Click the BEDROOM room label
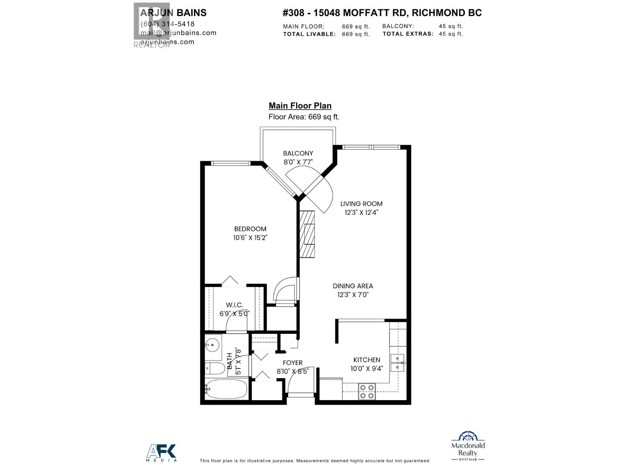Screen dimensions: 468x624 (x=250, y=229)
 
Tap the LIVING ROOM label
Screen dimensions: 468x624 (x=361, y=204)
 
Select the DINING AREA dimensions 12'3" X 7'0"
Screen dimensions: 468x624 (x=353, y=295)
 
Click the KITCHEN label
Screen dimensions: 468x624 (x=367, y=360)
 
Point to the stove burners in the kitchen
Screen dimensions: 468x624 (x=367, y=392)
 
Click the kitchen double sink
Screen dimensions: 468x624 (x=397, y=363)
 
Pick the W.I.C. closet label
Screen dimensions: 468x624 (x=234, y=305)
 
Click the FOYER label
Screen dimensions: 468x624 (x=292, y=363)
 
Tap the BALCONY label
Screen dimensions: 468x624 (x=298, y=153)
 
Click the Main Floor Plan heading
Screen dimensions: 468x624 (x=300, y=106)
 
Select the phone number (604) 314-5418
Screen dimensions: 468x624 (x=167, y=24)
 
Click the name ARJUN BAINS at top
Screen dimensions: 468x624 (x=173, y=13)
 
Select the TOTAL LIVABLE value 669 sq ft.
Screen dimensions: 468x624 (x=356, y=34)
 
